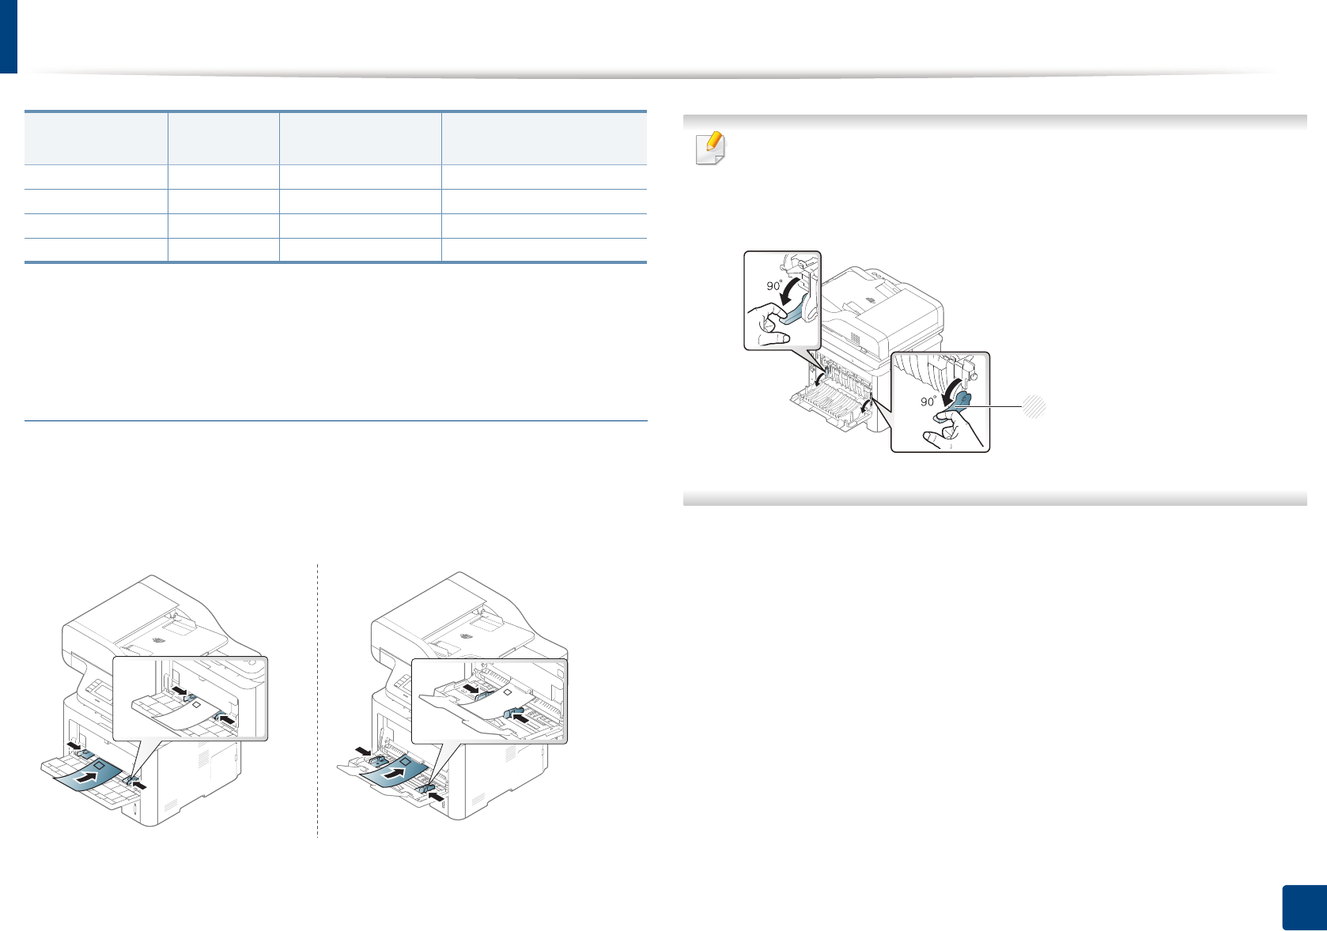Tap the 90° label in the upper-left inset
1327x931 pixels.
(774, 285)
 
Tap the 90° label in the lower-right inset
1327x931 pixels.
(928, 401)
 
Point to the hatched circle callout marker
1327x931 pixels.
(1034, 407)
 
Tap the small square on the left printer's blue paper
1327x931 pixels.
(99, 766)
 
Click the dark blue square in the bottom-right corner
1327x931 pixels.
(1302, 907)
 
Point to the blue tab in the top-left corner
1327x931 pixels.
(8, 36)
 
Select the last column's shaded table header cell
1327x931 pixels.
(544, 138)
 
